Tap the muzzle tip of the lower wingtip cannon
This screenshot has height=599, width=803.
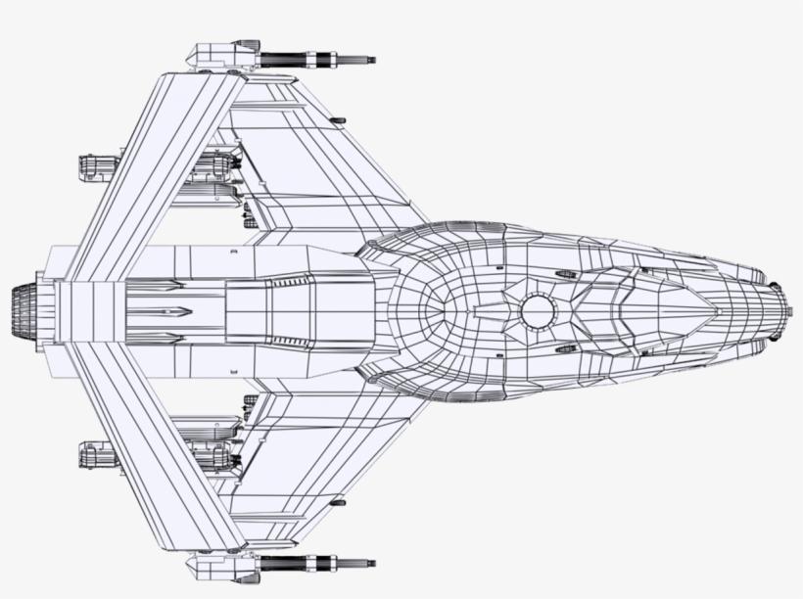pyautogui.click(x=374, y=564)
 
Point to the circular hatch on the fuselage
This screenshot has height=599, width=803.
pyautogui.click(x=538, y=310)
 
